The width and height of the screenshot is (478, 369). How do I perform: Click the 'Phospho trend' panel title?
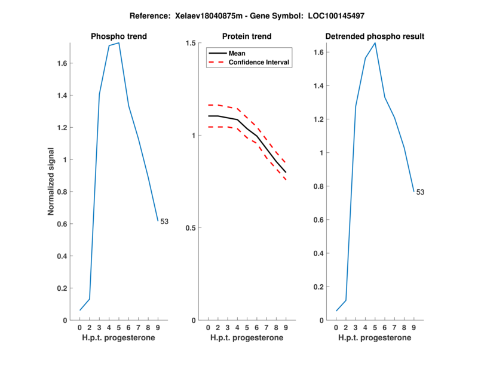(x=118, y=36)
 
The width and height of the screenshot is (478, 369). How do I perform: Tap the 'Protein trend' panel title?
(x=246, y=36)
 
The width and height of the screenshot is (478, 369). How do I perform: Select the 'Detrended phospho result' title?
(x=375, y=36)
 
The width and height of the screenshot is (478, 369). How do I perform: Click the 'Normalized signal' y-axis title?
(x=51, y=182)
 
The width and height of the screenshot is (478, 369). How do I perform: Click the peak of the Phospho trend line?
(x=119, y=43)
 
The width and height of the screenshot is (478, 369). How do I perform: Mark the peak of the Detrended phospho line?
(x=375, y=43)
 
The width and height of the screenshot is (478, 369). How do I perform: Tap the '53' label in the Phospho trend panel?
(x=164, y=222)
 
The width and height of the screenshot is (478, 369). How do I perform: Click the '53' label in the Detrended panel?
(x=420, y=192)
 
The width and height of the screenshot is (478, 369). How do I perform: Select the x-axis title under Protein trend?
(x=246, y=338)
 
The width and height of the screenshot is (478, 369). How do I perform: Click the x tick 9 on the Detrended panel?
(x=413, y=328)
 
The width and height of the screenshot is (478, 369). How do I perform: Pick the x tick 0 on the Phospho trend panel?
(x=80, y=328)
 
